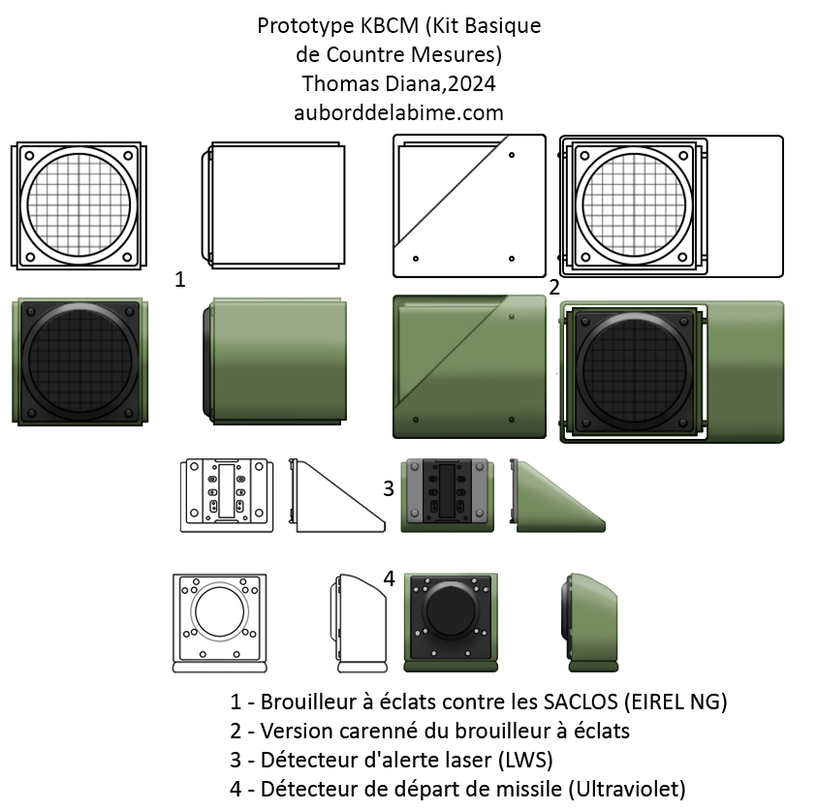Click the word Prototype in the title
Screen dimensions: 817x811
(x=305, y=25)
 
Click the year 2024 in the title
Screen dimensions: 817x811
(x=472, y=83)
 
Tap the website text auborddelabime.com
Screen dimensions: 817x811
(x=398, y=112)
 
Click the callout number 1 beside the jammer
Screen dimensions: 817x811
(x=179, y=280)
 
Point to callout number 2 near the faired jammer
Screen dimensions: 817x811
(x=554, y=287)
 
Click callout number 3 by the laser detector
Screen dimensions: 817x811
(x=389, y=488)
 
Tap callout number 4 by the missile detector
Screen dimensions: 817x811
(x=390, y=578)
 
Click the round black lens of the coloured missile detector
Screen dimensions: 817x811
(x=451, y=609)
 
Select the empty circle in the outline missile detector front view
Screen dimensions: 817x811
(x=219, y=611)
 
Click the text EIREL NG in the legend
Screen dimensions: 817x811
(x=676, y=702)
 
